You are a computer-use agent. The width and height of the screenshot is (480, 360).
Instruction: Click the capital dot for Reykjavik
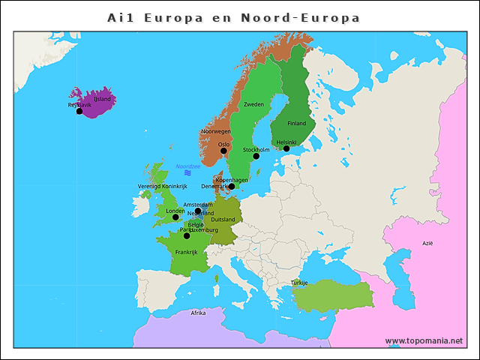(79, 111)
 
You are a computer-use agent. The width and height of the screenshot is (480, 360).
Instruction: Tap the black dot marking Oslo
(223, 151)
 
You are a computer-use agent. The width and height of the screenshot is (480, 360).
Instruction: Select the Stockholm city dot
(256, 156)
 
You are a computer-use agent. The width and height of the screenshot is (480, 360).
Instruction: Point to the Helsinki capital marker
(286, 148)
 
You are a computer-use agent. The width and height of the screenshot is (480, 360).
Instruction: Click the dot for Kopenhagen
(232, 186)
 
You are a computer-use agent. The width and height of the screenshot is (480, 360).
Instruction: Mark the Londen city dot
(175, 217)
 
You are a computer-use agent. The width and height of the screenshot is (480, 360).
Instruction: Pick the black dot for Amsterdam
(198, 211)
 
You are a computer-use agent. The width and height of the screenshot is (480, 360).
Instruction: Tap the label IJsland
(102, 99)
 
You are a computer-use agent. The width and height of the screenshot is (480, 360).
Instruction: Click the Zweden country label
(254, 104)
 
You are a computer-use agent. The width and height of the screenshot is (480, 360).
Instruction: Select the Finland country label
(297, 123)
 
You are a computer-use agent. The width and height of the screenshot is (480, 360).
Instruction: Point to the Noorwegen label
(216, 131)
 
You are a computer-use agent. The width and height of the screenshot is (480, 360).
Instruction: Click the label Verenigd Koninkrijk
(162, 186)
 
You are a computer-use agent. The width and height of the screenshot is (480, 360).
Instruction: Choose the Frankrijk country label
(186, 252)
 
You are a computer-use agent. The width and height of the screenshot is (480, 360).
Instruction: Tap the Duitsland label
(223, 219)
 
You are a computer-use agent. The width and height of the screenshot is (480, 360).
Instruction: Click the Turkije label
(299, 283)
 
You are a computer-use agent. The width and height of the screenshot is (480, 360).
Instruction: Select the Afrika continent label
(198, 313)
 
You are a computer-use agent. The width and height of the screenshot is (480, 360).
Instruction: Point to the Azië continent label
(427, 243)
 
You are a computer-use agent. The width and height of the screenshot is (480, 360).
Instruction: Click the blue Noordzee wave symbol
(187, 173)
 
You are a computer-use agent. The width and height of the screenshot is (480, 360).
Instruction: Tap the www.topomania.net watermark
(424, 340)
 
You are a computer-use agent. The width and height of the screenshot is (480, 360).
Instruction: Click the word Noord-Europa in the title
(300, 17)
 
